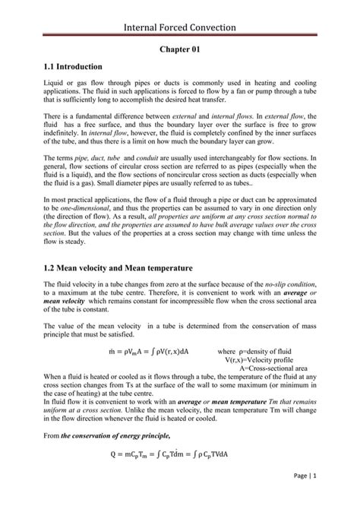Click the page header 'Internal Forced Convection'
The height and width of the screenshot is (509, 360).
180,27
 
